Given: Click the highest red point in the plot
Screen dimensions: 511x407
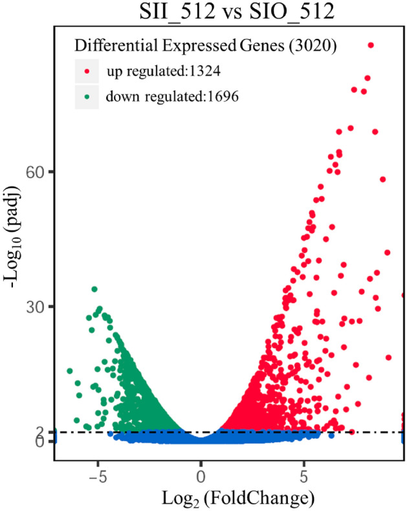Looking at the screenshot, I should pyautogui.click(x=371, y=45).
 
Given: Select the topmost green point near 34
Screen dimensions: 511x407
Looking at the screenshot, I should pyautogui.click(x=94, y=289).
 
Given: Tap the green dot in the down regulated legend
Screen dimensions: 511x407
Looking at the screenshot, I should pyautogui.click(x=87, y=97).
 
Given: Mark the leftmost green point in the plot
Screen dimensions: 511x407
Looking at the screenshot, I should pyautogui.click(x=70, y=371).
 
